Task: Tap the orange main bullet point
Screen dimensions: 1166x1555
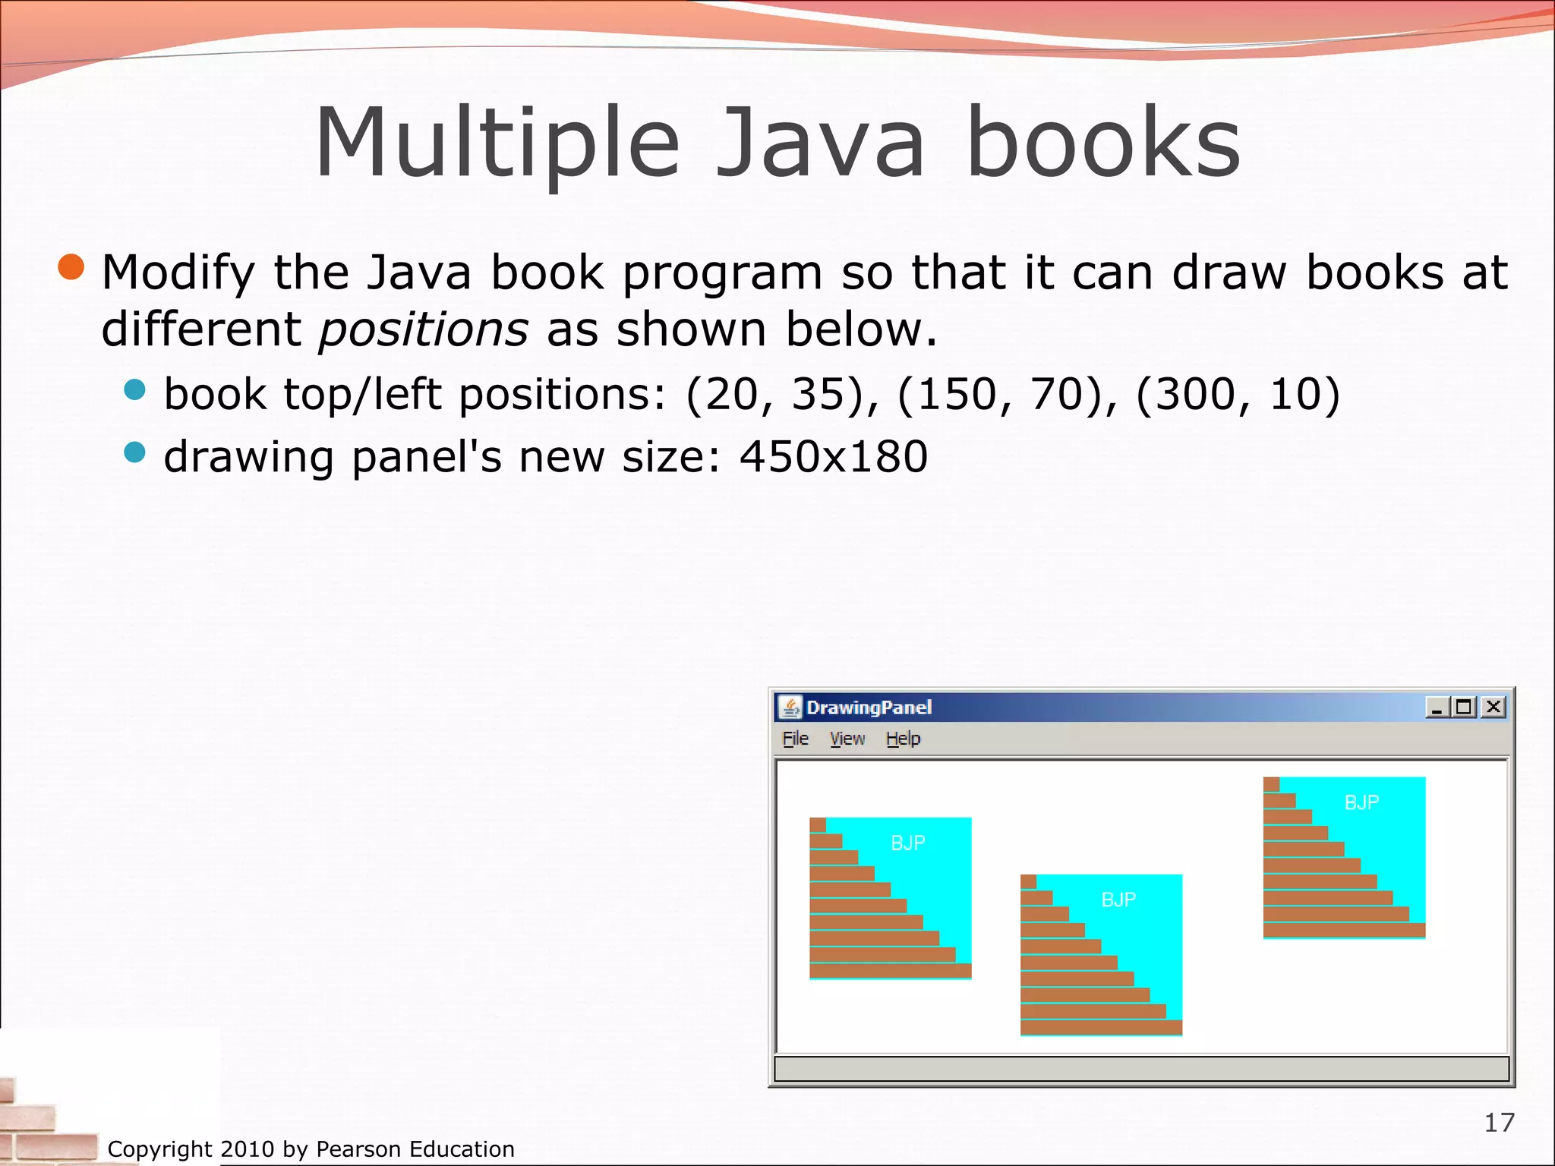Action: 72,267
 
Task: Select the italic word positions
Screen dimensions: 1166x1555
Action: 423,329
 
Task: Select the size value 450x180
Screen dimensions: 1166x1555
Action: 833,456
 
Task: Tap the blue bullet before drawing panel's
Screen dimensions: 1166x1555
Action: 134,452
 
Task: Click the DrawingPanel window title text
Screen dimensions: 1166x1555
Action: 868,707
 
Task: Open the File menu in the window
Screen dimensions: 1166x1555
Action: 795,739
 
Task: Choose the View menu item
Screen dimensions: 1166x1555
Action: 847,739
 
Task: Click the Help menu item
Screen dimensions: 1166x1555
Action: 903,739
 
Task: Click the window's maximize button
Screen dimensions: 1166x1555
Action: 1463,707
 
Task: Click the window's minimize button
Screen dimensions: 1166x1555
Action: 1436,707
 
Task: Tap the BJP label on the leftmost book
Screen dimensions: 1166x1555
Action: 907,843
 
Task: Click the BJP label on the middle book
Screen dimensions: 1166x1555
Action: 1118,900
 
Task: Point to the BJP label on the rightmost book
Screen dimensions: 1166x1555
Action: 1361,802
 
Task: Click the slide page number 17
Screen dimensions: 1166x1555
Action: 1499,1122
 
